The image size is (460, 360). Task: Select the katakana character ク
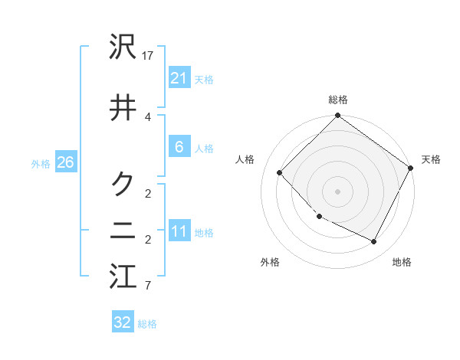pyautogui.click(x=123, y=184)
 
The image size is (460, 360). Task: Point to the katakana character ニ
pyautogui.click(x=123, y=231)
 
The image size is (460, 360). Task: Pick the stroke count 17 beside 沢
pyautogui.click(x=149, y=56)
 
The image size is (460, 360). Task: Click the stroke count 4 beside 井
pyautogui.click(x=148, y=116)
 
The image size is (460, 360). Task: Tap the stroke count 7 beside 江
pyautogui.click(x=148, y=286)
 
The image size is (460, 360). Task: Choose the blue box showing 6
pyautogui.click(x=179, y=147)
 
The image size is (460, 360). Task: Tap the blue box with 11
pyautogui.click(x=179, y=231)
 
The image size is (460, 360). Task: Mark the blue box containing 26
pyautogui.click(x=65, y=162)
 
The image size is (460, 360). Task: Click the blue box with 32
pyautogui.click(x=123, y=322)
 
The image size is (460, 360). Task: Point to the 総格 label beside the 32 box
pyautogui.click(x=148, y=324)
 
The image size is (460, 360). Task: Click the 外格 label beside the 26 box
pyautogui.click(x=41, y=164)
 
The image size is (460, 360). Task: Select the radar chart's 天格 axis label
pyautogui.click(x=431, y=159)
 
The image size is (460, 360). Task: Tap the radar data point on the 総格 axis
pyautogui.click(x=337, y=116)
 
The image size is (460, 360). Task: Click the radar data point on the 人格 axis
pyautogui.click(x=281, y=172)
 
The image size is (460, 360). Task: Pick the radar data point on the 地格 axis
pyautogui.click(x=374, y=242)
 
